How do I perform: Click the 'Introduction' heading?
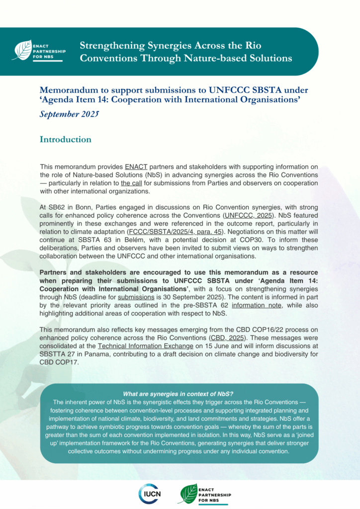(66, 139)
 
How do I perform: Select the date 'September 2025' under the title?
(70, 115)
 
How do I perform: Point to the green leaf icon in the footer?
(188, 493)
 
